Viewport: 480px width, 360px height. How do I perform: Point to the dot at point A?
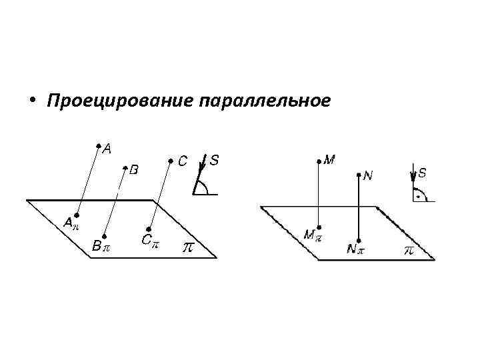coord(97,145)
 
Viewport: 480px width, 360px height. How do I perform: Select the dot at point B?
coord(125,167)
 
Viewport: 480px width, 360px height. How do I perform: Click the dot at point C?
coord(170,160)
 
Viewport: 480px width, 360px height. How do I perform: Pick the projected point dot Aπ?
coord(77,215)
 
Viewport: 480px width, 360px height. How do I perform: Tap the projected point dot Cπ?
coord(150,229)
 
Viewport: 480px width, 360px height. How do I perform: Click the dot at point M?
coord(319,160)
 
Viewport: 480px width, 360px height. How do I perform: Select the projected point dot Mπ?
coord(319,227)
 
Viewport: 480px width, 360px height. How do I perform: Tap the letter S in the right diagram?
coord(422,173)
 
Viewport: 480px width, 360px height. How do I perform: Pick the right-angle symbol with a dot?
coord(419,195)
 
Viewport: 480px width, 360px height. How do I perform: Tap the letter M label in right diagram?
coord(329,160)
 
